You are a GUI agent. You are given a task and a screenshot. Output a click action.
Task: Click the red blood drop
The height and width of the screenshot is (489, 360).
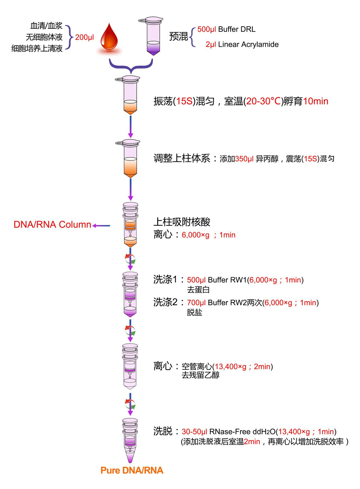(109, 37)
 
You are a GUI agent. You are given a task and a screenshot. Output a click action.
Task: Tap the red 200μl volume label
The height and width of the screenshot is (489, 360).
(84, 37)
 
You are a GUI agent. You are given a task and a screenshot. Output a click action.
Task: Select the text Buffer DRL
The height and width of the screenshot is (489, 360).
(237, 29)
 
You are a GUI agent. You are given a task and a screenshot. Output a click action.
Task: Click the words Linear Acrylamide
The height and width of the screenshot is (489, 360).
(248, 44)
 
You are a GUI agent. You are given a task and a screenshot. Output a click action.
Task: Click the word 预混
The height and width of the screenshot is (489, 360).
(178, 36)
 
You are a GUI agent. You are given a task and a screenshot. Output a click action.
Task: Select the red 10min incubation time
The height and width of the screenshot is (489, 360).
(316, 101)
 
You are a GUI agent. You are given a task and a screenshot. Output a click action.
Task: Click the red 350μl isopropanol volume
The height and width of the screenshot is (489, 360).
(244, 159)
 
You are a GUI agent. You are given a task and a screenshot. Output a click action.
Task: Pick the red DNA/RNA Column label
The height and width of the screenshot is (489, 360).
(52, 224)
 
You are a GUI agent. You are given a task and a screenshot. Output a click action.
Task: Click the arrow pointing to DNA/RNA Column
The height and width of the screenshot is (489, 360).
(101, 226)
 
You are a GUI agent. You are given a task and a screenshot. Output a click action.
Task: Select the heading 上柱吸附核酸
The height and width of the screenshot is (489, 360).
(182, 222)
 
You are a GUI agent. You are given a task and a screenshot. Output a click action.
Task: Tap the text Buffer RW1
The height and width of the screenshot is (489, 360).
(227, 280)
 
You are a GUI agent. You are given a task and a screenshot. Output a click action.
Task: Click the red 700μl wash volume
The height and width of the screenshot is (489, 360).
(196, 303)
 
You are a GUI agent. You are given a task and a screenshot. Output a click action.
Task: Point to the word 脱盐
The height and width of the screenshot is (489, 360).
(194, 312)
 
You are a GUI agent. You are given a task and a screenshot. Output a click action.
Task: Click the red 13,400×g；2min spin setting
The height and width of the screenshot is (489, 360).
(242, 367)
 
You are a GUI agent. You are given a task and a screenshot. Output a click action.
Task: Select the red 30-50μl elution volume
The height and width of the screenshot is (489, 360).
(194, 432)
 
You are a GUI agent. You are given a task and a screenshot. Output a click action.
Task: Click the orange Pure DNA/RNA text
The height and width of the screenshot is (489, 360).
(132, 470)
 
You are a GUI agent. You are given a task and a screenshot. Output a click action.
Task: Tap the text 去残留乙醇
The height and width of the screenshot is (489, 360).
(200, 375)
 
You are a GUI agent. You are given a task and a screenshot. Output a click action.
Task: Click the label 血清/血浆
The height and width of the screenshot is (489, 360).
(46, 26)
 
